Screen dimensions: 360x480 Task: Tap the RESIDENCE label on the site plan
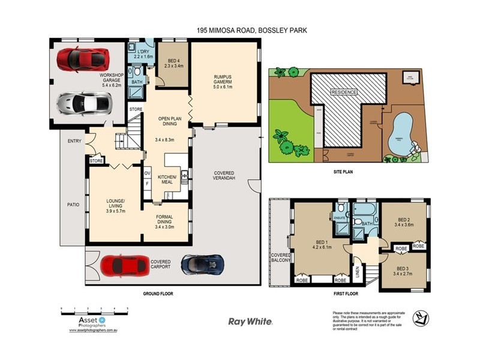(344, 92)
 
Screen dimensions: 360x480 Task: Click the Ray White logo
(251, 322)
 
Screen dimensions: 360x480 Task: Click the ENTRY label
(74, 142)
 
